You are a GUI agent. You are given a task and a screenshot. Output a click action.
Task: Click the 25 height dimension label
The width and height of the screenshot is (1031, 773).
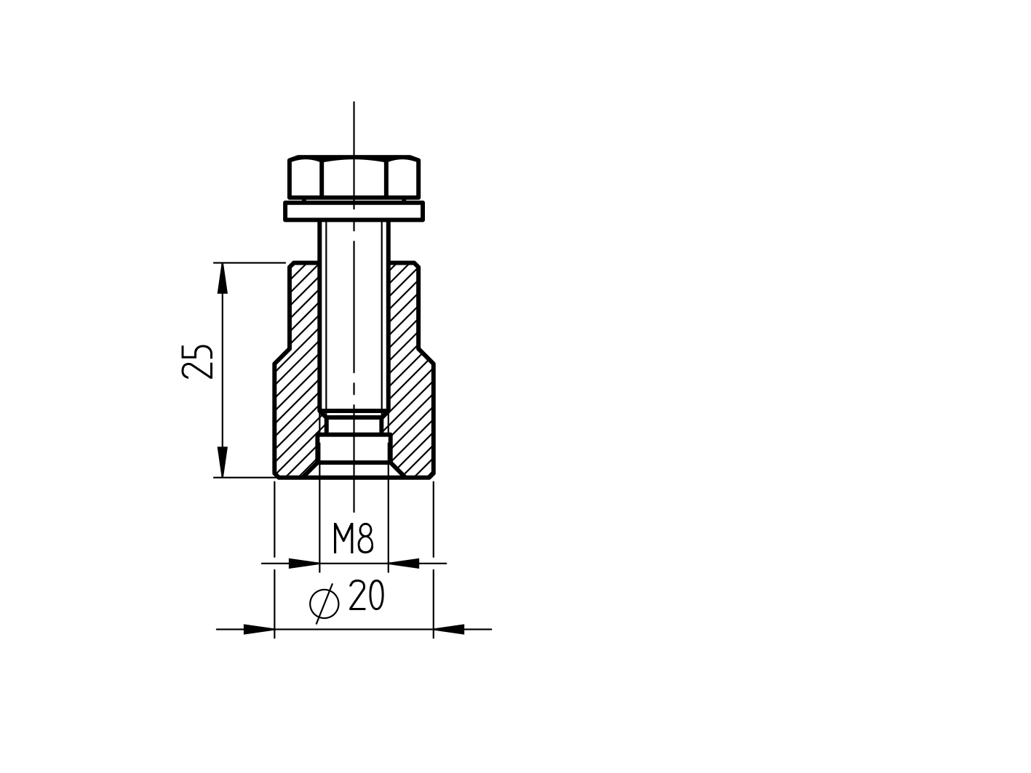[198, 361]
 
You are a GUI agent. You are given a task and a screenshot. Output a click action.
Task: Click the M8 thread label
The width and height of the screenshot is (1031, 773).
[353, 540]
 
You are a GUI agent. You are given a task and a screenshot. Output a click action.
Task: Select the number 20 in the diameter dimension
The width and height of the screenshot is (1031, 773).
[366, 597]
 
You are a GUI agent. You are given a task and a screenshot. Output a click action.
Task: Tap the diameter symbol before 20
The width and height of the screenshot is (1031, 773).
[324, 603]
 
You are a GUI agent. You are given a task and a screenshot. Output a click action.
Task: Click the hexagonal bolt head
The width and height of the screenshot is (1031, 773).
[354, 177]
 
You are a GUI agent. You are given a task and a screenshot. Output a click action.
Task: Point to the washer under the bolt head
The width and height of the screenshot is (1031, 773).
[354, 212]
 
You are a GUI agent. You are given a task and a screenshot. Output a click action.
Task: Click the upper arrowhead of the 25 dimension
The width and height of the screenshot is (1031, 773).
[223, 278]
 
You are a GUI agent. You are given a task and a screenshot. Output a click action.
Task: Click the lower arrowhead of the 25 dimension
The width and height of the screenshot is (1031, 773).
[223, 462]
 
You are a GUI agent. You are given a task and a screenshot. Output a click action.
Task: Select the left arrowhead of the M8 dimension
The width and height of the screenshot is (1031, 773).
[304, 563]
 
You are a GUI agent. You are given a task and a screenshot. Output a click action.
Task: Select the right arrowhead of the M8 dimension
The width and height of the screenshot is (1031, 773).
[405, 563]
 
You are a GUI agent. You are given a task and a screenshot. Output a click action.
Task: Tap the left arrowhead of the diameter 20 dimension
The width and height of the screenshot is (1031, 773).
[258, 629]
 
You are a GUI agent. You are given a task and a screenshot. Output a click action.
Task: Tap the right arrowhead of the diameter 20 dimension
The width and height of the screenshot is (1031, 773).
[449, 629]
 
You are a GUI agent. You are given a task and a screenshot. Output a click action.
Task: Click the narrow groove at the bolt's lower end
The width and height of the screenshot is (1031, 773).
[354, 425]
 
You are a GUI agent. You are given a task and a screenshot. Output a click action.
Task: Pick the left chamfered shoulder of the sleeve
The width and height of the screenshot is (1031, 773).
[282, 354]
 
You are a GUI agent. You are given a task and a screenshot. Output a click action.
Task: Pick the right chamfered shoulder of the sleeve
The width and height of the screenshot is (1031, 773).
[426, 354]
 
